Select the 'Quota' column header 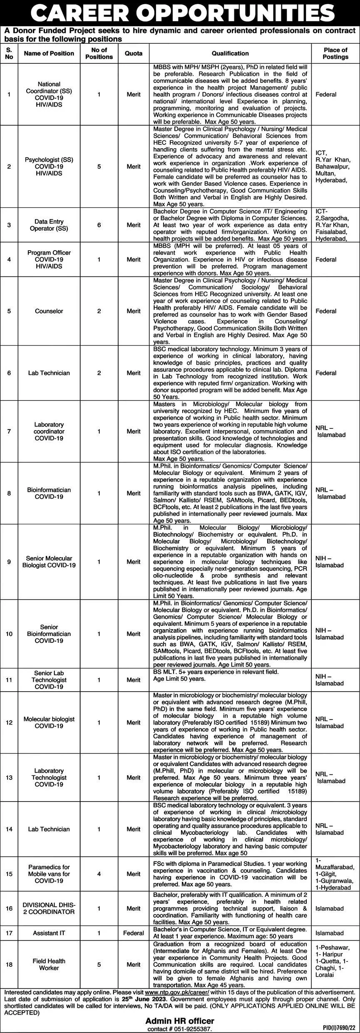(x=134, y=53)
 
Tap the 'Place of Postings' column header (x=335, y=53)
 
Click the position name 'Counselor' (x=49, y=311)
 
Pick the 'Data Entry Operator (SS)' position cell (x=49, y=225)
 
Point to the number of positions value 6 (x=99, y=225)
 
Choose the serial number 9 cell (x=9, y=562)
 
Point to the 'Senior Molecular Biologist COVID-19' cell (x=49, y=562)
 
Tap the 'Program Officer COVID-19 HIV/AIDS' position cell (x=49, y=259)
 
